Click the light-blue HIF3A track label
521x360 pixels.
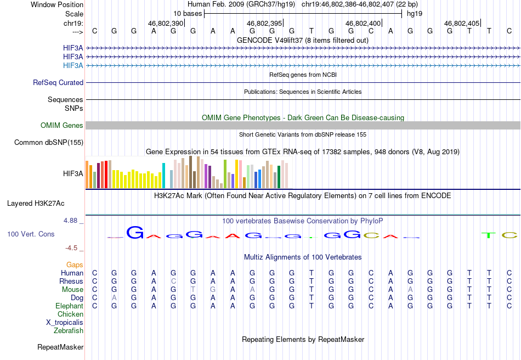pyautogui.click(x=73, y=65)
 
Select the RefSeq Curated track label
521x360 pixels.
pyautogui.click(x=58, y=82)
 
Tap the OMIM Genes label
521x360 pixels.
pyautogui.click(x=62, y=125)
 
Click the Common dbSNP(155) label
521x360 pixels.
pyautogui.click(x=49, y=142)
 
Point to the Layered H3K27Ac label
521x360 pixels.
pyautogui.click(x=36, y=204)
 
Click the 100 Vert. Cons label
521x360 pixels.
pyautogui.click(x=31, y=234)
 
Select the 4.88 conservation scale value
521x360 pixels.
pyautogui.click(x=70, y=221)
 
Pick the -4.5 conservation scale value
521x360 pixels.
pyautogui.click(x=71, y=248)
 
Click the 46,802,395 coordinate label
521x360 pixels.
pyautogui.click(x=264, y=23)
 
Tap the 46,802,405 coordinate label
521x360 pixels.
pyautogui.click(x=462, y=23)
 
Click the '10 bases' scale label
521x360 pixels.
pyautogui.click(x=188, y=14)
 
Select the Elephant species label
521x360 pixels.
pyautogui.click(x=70, y=306)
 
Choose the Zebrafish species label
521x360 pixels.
pyautogui.click(x=69, y=330)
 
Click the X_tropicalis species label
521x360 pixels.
pyautogui.click(x=65, y=323)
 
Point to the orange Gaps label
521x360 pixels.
pyautogui.click(x=75, y=265)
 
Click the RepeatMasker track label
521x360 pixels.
pyautogui.click(x=60, y=347)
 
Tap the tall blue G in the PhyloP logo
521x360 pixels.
pyautogui.click(x=135, y=232)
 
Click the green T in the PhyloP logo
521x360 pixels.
pyautogui.click(x=489, y=235)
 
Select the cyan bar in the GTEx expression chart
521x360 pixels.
pyautogui.click(x=163, y=176)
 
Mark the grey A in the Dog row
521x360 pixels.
pyautogui.click(x=114, y=298)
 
